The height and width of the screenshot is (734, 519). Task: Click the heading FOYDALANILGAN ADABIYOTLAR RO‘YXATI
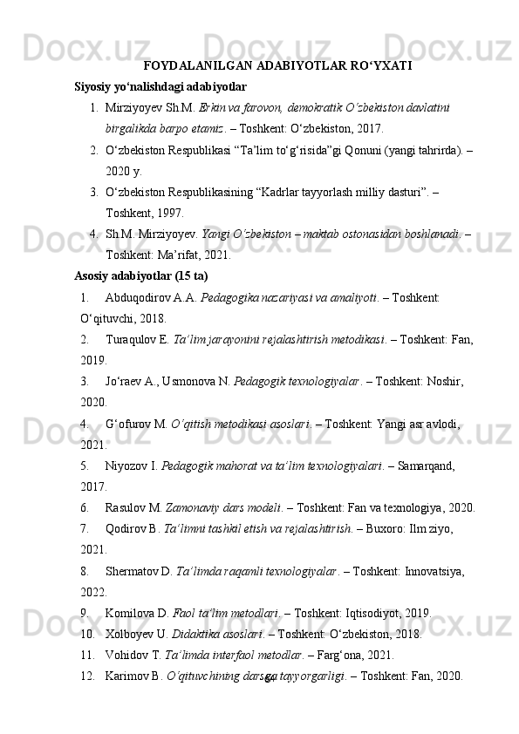277,65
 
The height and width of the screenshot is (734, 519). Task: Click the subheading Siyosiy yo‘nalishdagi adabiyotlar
160,87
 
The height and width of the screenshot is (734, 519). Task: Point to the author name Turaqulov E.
137,338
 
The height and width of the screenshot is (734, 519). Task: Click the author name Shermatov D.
139,571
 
